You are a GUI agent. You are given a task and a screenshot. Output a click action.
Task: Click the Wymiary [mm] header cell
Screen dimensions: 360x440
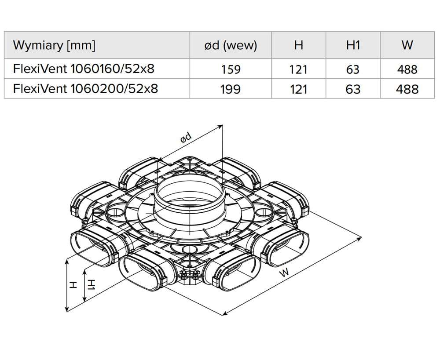coord(54,45)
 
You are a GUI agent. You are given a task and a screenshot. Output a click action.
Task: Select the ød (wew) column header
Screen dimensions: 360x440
coord(231,45)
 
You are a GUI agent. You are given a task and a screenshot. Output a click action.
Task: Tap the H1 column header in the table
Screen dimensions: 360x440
coord(353,45)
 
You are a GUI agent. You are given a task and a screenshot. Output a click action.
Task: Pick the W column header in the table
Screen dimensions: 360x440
coord(407,45)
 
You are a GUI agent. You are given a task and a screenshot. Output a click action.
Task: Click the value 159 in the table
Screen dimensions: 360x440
coord(231,69)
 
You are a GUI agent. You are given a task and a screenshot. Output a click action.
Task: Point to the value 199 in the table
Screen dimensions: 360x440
coord(231,89)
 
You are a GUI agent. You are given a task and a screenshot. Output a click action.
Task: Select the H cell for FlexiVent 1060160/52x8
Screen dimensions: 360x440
coord(299,69)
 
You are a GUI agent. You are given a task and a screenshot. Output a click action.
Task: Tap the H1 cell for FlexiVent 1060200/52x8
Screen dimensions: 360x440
coord(353,89)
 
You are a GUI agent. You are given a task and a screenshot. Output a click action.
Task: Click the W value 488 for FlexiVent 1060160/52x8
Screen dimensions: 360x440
coord(407,69)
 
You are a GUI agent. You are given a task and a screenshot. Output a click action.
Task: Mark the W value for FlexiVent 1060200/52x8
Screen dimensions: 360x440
coord(407,89)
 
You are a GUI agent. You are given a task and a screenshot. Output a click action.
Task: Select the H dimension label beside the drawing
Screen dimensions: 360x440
coord(73,285)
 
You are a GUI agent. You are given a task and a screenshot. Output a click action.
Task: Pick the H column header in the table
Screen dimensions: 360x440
coord(299,45)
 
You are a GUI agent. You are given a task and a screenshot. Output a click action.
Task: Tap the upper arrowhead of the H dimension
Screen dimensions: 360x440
coord(67,261)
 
